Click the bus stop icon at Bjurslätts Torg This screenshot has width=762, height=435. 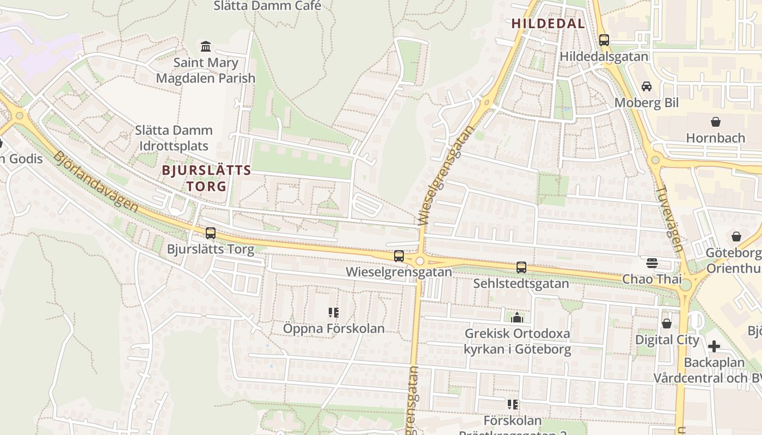211,233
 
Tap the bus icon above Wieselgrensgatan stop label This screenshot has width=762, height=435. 399,256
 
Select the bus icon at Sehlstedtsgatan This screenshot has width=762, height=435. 521,268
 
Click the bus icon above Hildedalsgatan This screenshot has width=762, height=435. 604,40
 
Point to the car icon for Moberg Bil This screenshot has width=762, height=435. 646,86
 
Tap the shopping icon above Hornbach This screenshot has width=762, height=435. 715,122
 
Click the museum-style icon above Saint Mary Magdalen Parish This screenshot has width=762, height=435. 206,47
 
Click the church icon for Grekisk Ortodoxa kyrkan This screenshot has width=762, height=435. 517,318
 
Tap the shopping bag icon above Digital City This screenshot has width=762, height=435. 666,324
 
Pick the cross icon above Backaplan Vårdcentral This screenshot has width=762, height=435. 714,346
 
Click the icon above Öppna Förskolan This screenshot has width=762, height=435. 334,313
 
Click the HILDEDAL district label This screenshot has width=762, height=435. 548,23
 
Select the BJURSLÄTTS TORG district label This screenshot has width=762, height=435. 206,178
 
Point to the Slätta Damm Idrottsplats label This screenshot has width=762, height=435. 174,138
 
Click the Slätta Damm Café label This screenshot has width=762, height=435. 267,6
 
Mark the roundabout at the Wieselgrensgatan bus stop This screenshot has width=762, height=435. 419,261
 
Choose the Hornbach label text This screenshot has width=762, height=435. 715,138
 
